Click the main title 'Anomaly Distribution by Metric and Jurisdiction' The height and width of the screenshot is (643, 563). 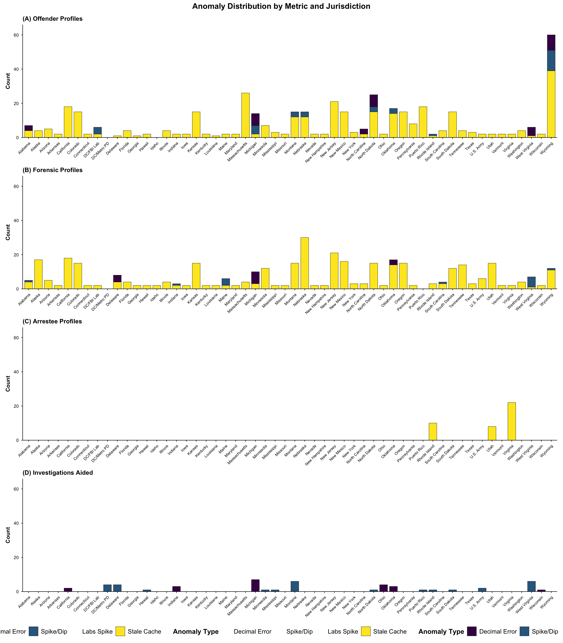pos(281,6)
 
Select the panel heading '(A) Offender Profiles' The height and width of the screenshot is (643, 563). pos(52,19)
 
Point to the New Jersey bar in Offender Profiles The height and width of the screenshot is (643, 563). pos(334,119)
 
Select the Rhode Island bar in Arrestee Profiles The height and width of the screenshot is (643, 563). pos(433,432)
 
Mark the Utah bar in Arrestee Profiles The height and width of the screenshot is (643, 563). pos(492,433)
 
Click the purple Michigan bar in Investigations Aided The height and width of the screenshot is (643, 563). pos(255,586)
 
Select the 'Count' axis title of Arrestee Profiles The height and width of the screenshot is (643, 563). pos(8,384)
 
